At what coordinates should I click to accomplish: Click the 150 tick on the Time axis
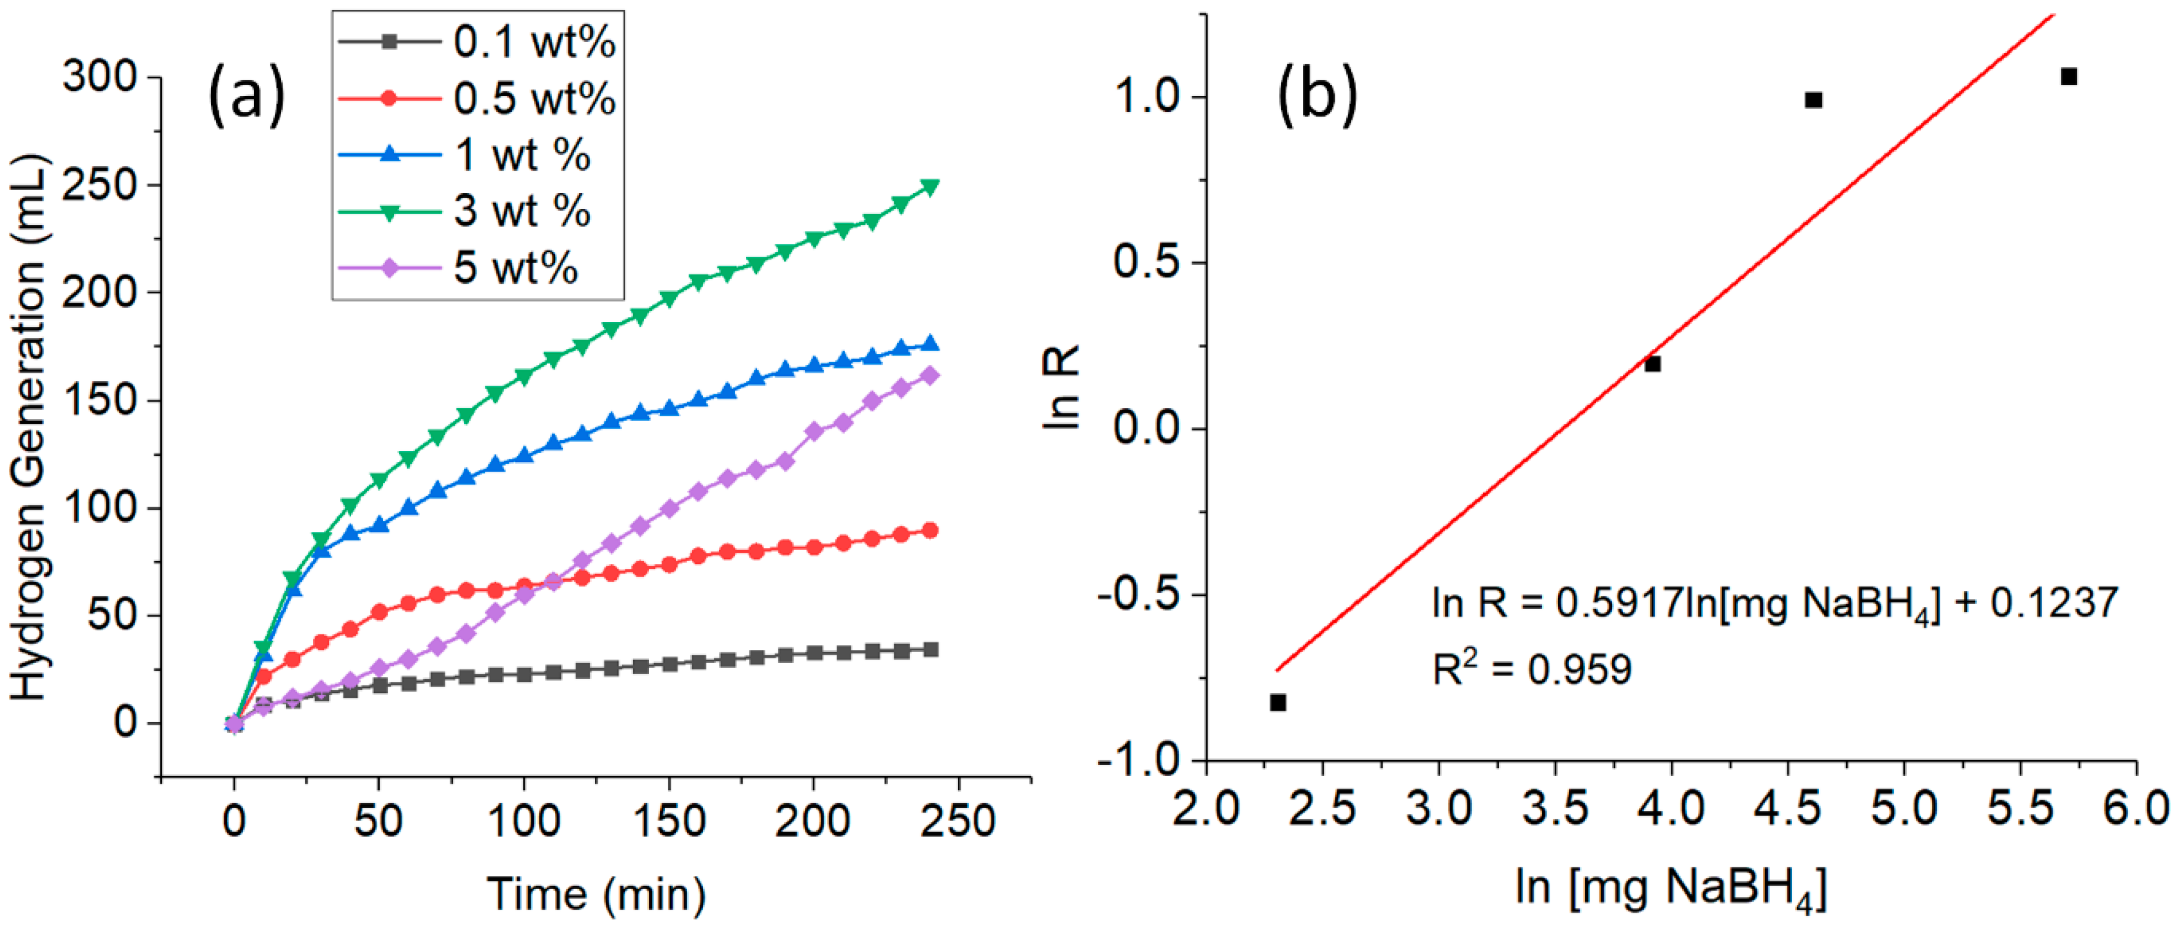669,821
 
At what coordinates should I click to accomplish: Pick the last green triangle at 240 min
930,187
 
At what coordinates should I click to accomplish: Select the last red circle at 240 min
930,531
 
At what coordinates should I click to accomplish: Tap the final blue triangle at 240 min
930,343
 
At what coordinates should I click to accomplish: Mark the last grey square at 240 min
930,649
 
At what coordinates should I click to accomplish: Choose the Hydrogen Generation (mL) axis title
29,427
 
